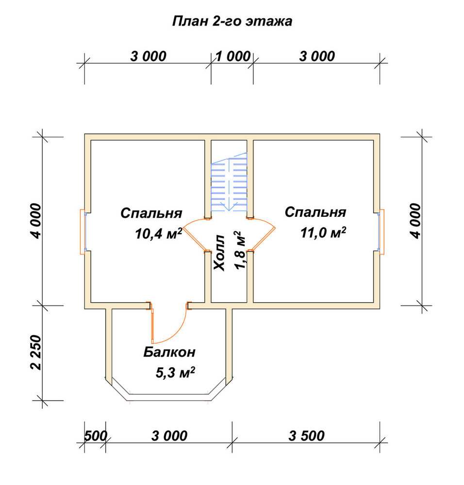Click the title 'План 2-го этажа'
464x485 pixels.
232,21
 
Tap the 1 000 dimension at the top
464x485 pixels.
233,56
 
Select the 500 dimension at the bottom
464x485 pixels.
95,436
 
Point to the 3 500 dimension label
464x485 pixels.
306,436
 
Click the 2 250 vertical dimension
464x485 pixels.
36,352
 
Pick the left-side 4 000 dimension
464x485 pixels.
35,221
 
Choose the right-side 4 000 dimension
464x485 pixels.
415,221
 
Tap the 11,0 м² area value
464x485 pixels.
323,232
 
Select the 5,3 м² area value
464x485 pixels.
175,372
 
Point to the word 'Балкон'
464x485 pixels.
169,352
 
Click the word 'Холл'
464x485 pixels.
219,253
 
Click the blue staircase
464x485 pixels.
229,182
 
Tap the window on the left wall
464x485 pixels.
83,232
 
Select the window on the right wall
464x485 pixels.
381,232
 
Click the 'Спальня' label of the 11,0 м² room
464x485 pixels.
315,212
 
